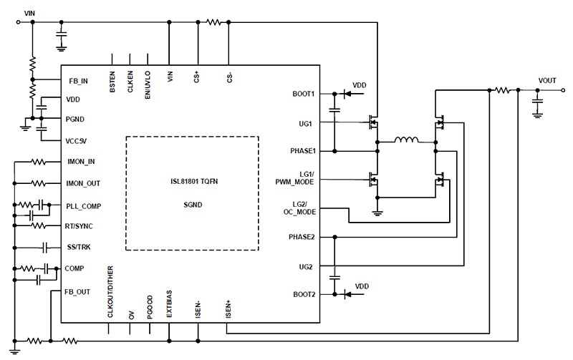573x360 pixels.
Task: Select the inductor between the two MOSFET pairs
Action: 406,141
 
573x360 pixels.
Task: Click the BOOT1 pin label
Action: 304,94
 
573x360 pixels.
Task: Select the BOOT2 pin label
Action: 304,294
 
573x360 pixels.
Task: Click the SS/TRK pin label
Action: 78,247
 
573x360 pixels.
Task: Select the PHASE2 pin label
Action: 302,237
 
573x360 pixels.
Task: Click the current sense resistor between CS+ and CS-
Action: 213,23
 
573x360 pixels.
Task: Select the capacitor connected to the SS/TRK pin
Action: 44,247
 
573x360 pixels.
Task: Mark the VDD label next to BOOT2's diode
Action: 362,286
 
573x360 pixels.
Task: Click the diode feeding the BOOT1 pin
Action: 348,94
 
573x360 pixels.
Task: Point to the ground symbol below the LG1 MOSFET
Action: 377,211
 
